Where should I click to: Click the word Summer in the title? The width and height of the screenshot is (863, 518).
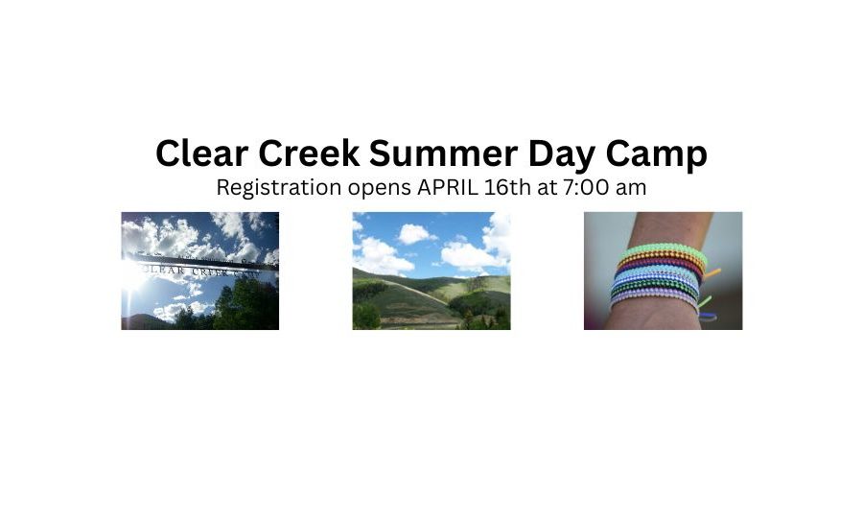click(443, 153)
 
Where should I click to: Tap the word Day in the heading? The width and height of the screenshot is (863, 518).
click(561, 155)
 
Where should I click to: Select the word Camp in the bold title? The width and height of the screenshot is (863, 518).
click(657, 155)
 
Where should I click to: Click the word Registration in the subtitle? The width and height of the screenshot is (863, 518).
click(279, 188)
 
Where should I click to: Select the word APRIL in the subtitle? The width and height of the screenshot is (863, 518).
click(448, 187)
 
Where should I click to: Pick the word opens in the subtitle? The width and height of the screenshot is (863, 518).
click(379, 189)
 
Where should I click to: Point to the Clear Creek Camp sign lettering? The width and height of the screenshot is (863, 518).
click(197, 271)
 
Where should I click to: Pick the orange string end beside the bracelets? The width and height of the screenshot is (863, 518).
click(712, 272)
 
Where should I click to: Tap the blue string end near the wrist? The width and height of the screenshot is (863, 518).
click(708, 316)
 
